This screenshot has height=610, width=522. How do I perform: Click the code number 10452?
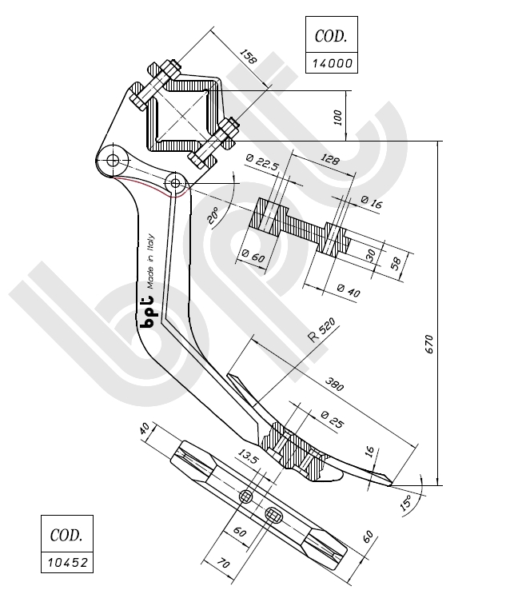coord(66,562)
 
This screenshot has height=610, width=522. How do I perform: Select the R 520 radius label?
coord(321,329)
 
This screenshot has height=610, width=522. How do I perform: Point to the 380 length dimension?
coord(333,384)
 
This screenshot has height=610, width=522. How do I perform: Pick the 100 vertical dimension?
coord(339,117)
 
